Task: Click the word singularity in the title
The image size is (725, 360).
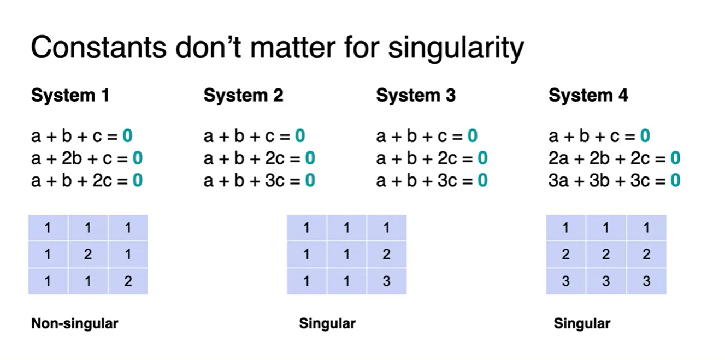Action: (x=456, y=49)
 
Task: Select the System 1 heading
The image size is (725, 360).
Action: (x=70, y=96)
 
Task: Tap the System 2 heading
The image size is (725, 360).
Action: (x=243, y=96)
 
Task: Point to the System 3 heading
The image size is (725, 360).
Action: (x=416, y=96)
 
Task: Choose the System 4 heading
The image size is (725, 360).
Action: (x=588, y=96)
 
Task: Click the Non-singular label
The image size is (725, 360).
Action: (x=75, y=323)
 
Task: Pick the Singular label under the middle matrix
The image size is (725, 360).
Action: (x=327, y=323)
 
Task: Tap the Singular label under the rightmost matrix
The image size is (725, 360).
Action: (x=582, y=323)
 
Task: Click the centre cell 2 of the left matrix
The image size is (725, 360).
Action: (x=88, y=255)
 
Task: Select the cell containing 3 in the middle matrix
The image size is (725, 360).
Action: (x=386, y=281)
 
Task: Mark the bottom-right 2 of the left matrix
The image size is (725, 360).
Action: (x=128, y=281)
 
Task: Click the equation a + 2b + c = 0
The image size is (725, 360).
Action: (x=87, y=158)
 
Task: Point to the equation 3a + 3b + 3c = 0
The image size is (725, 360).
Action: (x=614, y=180)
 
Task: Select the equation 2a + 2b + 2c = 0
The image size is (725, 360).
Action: (x=614, y=158)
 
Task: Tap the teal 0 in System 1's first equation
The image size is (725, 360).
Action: (x=127, y=135)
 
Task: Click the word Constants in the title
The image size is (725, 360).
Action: (x=99, y=48)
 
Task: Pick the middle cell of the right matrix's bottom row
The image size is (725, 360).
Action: (x=606, y=281)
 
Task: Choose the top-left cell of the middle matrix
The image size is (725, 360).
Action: (x=307, y=228)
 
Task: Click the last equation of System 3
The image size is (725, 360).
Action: (x=432, y=180)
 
